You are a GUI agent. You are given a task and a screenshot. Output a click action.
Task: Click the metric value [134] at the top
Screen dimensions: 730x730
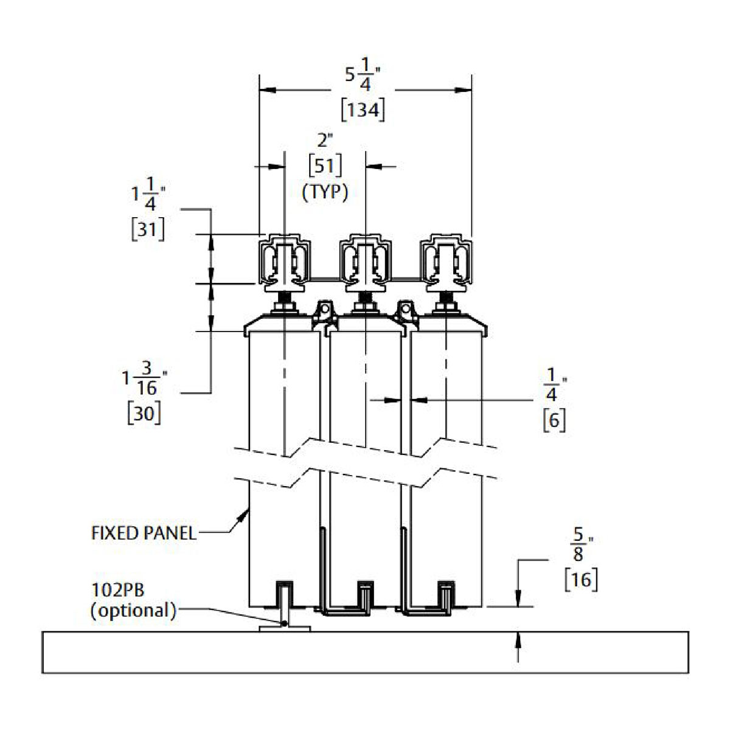tap(363, 110)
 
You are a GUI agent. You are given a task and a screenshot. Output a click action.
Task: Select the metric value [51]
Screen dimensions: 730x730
tap(325, 165)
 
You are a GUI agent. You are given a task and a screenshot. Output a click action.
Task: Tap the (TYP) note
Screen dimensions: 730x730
tap(325, 192)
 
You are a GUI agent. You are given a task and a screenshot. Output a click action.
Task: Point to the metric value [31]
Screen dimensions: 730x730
tap(148, 229)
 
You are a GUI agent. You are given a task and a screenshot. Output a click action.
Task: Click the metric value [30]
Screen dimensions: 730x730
tap(144, 414)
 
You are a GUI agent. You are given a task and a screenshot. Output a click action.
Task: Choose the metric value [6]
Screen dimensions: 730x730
tap(554, 420)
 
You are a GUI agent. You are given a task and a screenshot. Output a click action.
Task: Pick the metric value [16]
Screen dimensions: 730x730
tap(581, 579)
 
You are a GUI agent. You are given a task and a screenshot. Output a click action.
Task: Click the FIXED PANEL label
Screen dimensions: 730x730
tap(144, 534)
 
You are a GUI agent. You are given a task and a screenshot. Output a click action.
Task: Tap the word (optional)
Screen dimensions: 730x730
tap(133, 610)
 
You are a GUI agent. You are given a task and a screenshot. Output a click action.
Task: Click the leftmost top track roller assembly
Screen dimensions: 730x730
tap(284, 262)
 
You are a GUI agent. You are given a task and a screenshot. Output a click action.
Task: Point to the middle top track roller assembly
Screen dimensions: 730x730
tap(364, 262)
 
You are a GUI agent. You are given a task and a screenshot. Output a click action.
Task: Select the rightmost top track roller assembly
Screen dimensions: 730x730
tap(446, 262)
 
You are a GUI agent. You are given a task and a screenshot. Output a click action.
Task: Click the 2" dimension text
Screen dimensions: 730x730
tap(325, 141)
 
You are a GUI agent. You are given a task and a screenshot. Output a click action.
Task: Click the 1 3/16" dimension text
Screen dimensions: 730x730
tap(144, 378)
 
